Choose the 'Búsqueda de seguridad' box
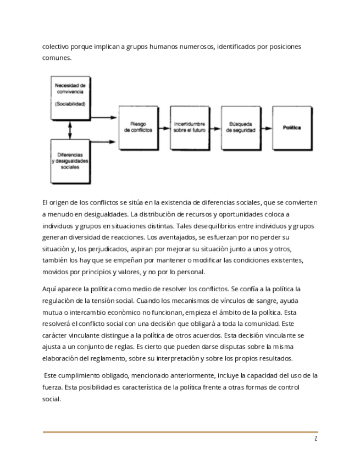pyautogui.click(x=240, y=127)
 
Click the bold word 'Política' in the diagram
pyautogui.click(x=292, y=127)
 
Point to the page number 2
pyautogui.click(x=315, y=439)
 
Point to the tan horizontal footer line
pyautogui.click(x=180, y=432)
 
